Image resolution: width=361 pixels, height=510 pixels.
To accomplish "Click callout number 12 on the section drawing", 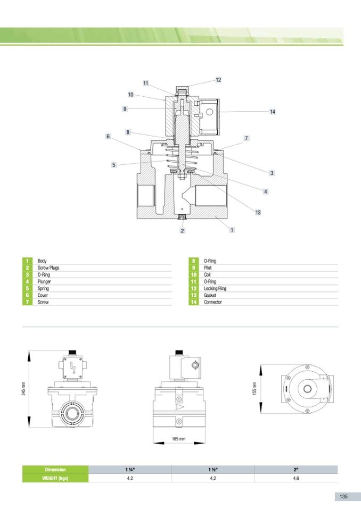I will [218, 80].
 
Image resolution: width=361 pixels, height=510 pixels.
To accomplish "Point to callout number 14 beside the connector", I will [272, 112].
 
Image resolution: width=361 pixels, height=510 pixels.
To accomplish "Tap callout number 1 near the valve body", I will [232, 230].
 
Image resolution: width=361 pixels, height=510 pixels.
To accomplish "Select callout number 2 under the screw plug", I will [182, 231].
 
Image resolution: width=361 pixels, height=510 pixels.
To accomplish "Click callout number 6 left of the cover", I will [108, 137].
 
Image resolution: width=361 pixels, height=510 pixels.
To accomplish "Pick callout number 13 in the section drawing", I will [258, 213].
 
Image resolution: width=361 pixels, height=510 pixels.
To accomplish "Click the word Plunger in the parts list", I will [44, 281].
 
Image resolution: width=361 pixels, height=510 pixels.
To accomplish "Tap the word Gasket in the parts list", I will [208, 295].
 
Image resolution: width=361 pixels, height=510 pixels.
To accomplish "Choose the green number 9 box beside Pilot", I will [193, 268].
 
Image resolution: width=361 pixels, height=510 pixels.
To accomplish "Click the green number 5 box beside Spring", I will [27, 288].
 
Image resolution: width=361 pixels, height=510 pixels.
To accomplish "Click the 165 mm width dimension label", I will [178, 439].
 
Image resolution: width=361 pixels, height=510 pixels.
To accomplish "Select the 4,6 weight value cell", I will [296, 479].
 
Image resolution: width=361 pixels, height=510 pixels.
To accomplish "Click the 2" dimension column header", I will [296, 470].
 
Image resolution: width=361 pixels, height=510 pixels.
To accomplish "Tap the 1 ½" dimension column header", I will [212, 470].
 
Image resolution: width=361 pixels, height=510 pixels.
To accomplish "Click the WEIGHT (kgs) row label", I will [54, 479].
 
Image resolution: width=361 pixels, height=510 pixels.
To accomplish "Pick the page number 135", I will [343, 496].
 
